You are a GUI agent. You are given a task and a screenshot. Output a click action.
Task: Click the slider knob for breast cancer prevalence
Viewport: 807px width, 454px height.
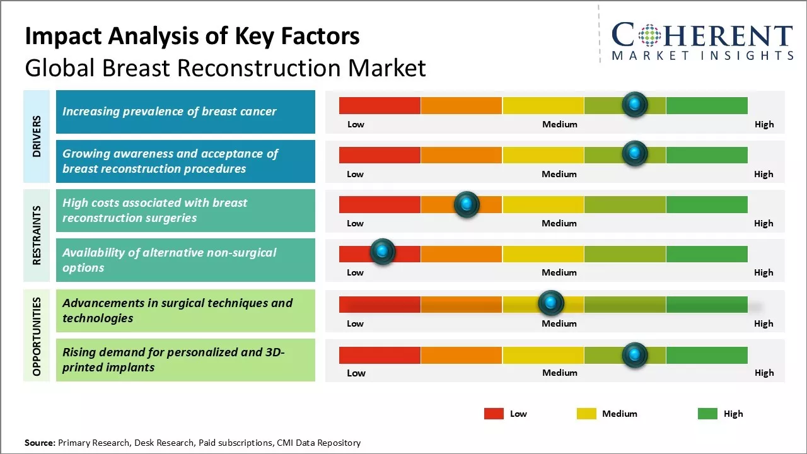tap(635, 104)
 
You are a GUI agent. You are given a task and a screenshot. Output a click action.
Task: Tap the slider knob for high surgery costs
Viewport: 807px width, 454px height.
tap(467, 204)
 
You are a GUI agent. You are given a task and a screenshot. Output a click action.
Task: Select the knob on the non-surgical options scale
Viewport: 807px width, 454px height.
tap(382, 252)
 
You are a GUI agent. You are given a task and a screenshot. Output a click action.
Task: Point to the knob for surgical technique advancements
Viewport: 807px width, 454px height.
tap(551, 303)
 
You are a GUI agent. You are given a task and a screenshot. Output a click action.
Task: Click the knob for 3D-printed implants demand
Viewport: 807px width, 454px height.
tap(635, 355)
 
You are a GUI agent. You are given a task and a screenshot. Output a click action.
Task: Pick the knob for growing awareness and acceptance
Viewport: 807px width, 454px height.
tap(635, 153)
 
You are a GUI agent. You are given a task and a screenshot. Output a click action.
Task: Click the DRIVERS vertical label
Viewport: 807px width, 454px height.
tap(37, 136)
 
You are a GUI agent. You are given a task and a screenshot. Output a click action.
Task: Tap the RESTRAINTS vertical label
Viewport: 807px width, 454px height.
tap(37, 235)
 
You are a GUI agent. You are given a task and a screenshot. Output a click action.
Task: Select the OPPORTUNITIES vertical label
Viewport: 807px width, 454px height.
tap(37, 336)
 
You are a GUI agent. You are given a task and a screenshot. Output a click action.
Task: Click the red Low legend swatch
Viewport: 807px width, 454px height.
tap(494, 414)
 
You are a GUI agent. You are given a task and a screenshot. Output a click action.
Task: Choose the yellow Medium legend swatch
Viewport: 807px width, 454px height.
tap(586, 414)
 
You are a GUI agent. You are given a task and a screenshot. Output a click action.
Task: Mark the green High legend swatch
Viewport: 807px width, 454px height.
tap(707, 414)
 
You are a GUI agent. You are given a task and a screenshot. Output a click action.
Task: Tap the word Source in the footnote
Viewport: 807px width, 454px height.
tap(39, 443)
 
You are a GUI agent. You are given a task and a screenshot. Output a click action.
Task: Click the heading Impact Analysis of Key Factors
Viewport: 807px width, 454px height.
tap(192, 37)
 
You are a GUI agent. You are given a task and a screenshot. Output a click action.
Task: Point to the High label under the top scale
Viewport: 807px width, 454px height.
tap(764, 124)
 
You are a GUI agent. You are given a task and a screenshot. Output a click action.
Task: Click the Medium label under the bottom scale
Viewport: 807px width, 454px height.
tap(560, 373)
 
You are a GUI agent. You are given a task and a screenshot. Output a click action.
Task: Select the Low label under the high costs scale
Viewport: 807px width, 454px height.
tap(356, 223)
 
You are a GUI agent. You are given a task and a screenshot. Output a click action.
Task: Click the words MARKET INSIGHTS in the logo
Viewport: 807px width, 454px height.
tap(702, 56)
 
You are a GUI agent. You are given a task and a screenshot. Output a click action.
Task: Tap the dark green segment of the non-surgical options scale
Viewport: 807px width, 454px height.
tap(706, 253)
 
